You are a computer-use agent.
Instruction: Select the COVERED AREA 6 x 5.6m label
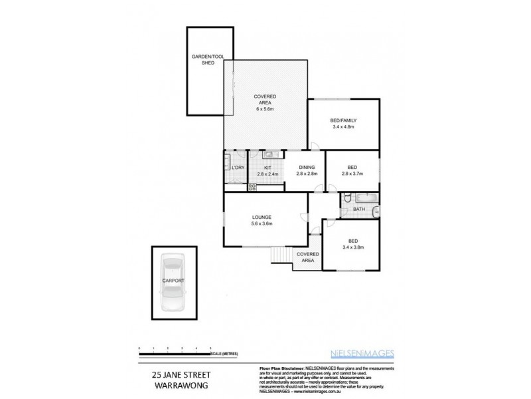pos(265,102)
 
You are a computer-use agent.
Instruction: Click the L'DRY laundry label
pos(236,168)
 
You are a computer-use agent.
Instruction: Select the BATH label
pos(359,209)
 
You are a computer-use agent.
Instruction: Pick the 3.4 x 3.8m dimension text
pos(354,247)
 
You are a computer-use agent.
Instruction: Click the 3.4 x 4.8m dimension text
pos(344,127)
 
